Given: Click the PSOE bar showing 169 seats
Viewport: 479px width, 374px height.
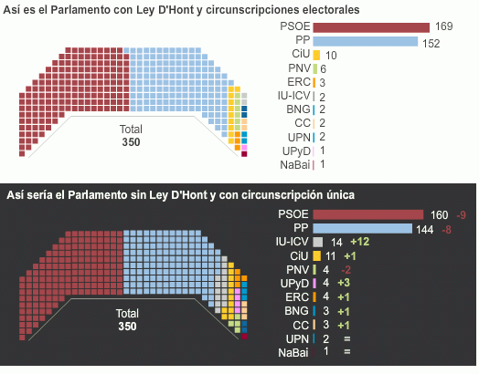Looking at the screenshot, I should pos(371,27).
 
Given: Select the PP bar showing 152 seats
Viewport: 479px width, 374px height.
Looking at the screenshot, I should pos(366,41).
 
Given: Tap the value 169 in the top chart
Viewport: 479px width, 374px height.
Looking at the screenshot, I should pos(443,27).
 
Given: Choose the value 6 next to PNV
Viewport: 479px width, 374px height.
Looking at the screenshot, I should pos(323,68).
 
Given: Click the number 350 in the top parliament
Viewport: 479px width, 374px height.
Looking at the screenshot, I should pos(132,142).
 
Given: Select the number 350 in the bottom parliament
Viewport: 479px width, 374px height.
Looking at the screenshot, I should pos(127,326).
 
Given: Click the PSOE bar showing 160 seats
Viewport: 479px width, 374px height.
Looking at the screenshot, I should pos(369,214).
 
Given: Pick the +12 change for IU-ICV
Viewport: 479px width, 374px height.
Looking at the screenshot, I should pos(359,242).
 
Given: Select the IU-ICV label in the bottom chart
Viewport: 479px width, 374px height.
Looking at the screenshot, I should pos(292,242).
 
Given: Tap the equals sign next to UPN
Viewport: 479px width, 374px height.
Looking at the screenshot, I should pos(349,338).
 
